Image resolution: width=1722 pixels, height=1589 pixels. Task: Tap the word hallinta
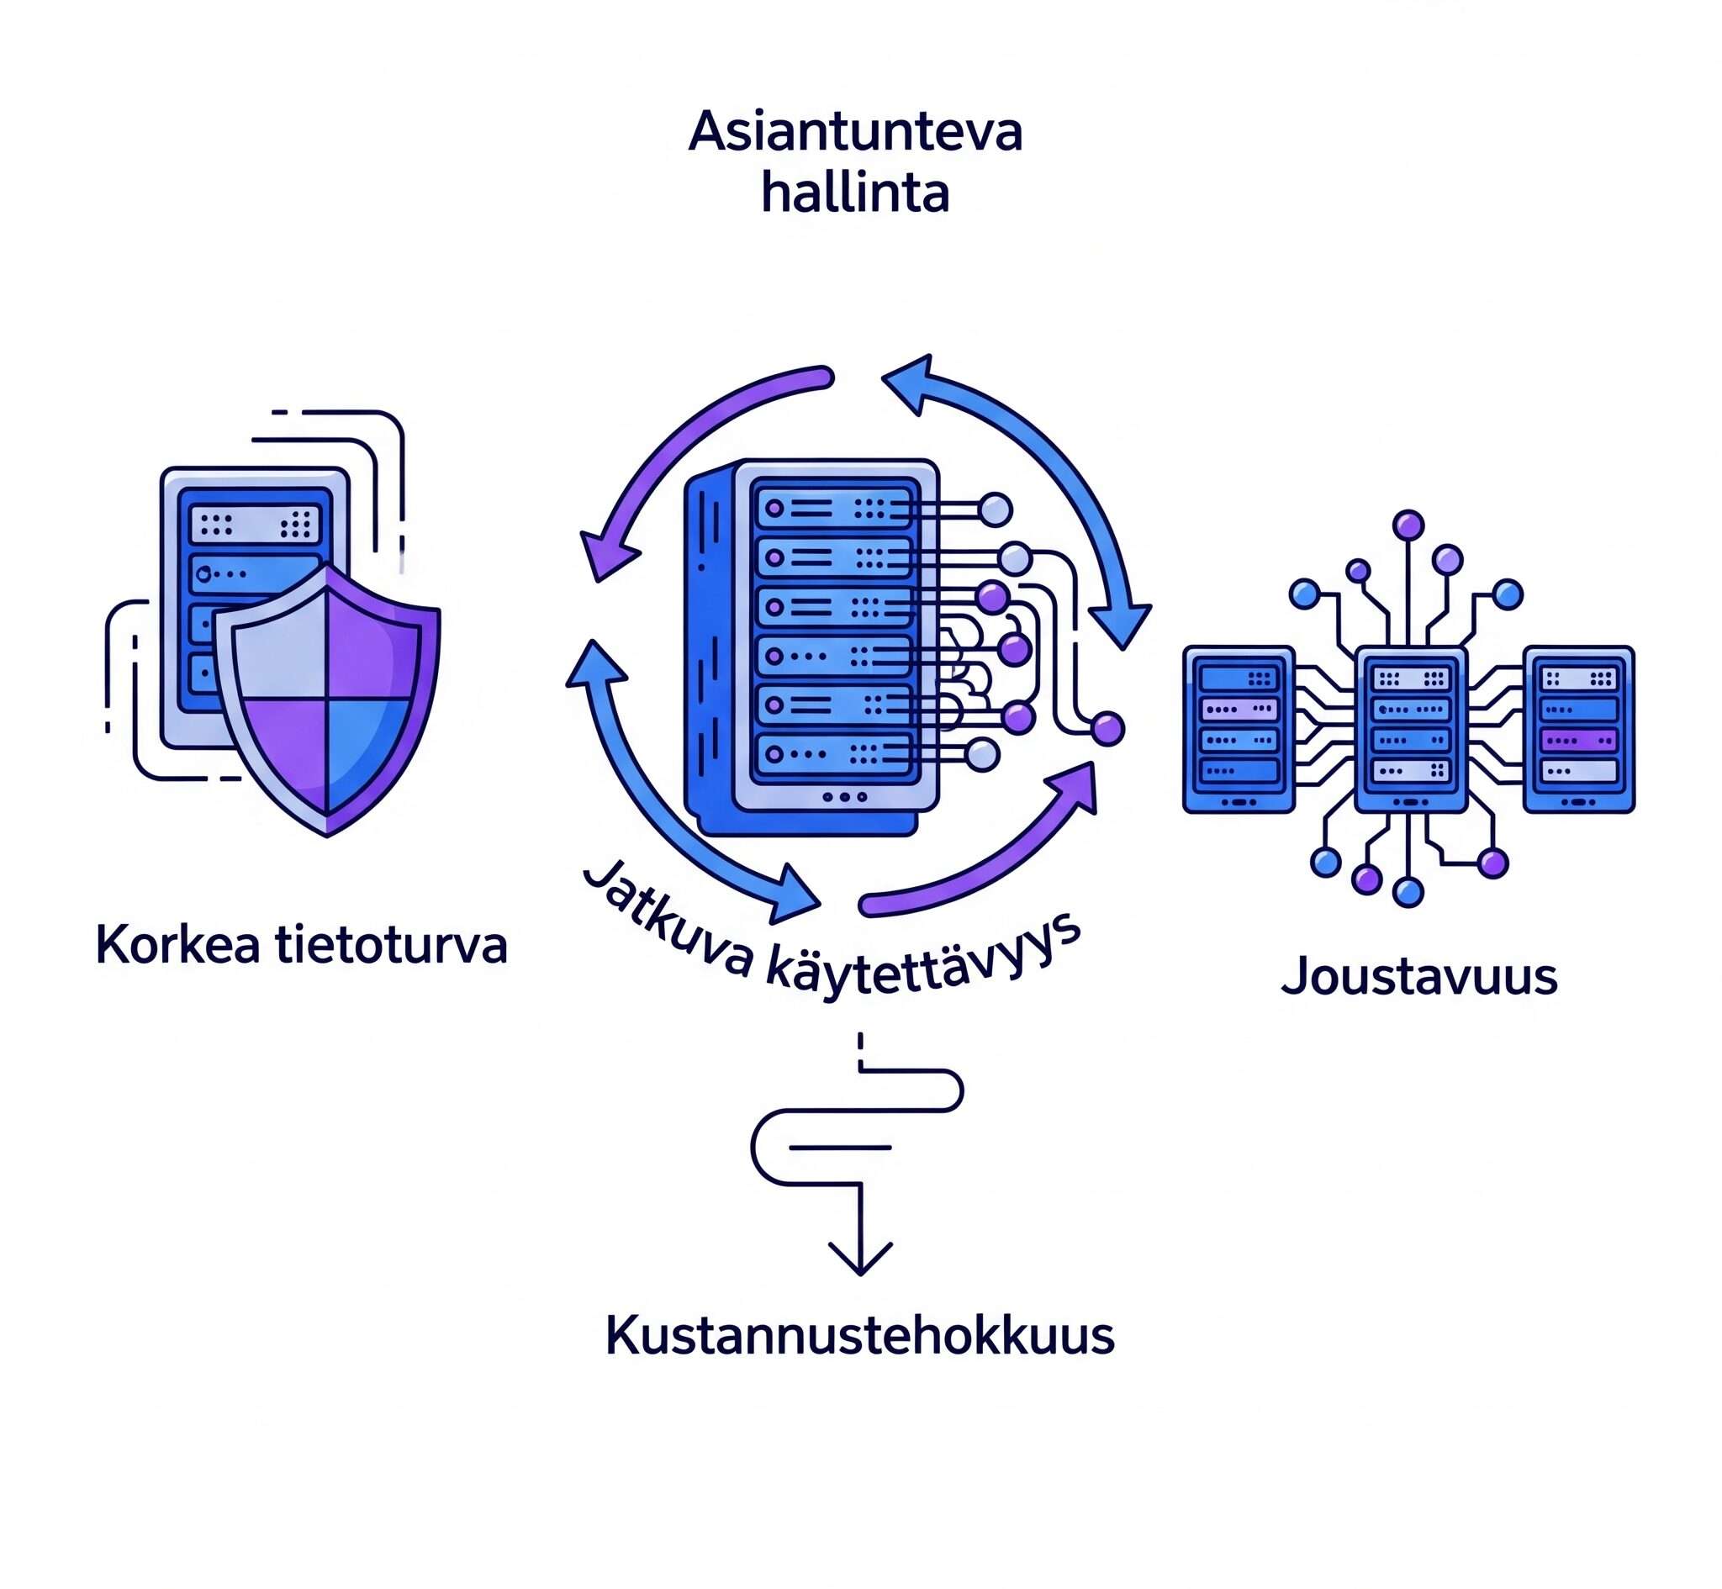855,193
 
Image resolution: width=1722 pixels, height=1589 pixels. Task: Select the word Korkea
177,945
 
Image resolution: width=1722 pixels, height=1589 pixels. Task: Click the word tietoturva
391,945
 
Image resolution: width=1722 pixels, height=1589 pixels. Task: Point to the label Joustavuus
1419,977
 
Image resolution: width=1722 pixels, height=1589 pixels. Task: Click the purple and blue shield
327,696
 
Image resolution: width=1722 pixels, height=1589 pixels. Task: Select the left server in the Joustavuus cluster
1238,729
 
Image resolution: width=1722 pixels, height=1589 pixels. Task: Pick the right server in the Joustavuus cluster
1578,729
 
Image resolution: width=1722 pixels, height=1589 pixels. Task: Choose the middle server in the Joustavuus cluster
1410,729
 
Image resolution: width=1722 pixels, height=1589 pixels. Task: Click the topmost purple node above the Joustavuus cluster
1408,525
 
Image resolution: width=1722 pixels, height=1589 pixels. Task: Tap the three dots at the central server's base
844,797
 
